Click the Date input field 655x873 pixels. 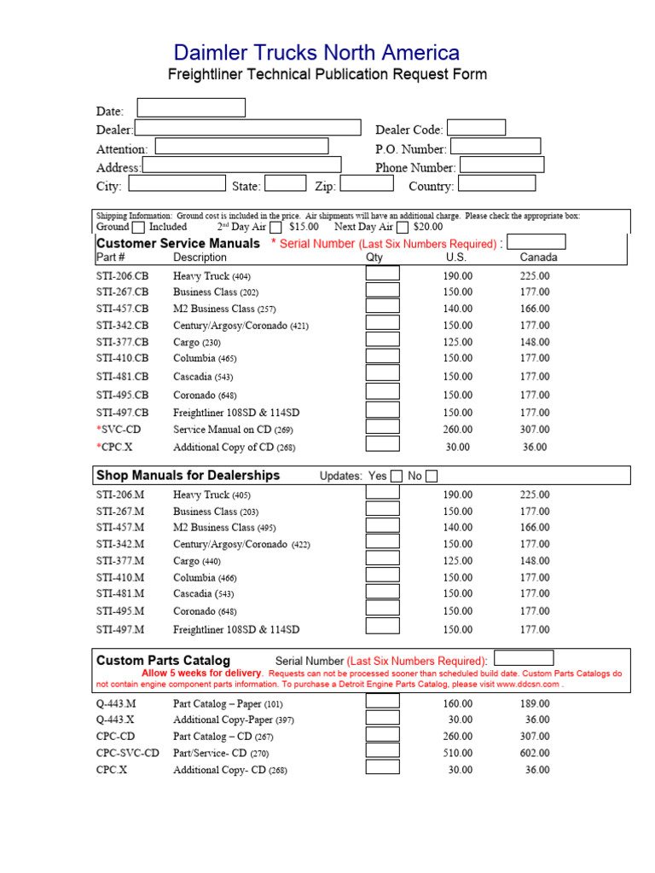(x=191, y=107)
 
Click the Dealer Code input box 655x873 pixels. (x=476, y=128)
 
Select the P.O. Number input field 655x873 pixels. (x=495, y=147)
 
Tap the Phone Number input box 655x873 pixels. (x=501, y=165)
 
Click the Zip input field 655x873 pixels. (x=367, y=183)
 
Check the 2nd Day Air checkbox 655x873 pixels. (x=275, y=228)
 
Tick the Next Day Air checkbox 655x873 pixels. (x=402, y=228)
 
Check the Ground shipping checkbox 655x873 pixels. (x=138, y=228)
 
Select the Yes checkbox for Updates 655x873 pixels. (x=397, y=477)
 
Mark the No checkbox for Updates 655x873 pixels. (x=432, y=477)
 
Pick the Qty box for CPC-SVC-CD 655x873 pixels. (x=383, y=750)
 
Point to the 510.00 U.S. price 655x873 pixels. (x=457, y=754)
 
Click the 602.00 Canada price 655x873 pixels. (x=535, y=754)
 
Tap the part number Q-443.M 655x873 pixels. (x=116, y=704)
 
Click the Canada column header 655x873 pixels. (x=538, y=257)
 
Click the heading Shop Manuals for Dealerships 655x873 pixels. (x=188, y=476)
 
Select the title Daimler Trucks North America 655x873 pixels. (x=316, y=53)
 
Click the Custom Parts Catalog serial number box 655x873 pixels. (x=524, y=658)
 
